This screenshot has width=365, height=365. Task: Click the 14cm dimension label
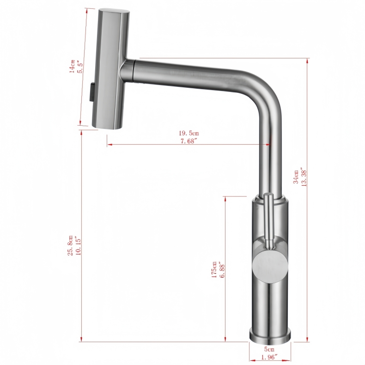72,67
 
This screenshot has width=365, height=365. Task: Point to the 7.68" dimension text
189,140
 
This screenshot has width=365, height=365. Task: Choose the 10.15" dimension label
79,244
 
